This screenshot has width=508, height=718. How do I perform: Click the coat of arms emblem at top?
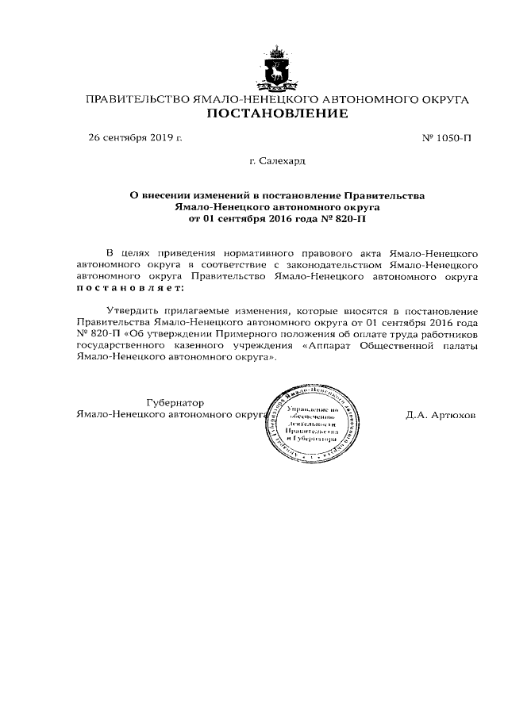(x=278, y=71)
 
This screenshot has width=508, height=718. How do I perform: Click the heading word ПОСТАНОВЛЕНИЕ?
(x=278, y=116)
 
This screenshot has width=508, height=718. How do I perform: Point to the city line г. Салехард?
(x=277, y=161)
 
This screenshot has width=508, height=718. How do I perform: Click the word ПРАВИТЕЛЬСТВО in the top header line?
(x=137, y=100)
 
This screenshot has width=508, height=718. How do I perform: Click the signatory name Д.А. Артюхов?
(x=441, y=415)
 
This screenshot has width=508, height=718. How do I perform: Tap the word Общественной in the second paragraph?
(x=400, y=347)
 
